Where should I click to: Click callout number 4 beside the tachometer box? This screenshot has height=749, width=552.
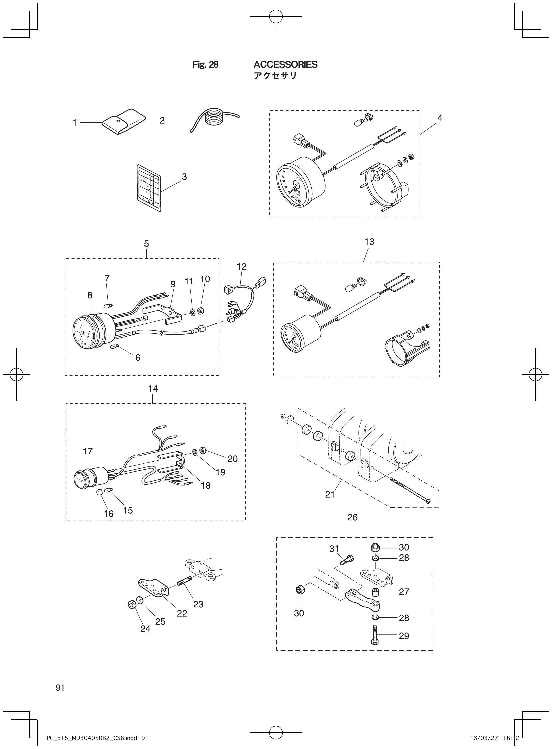(x=440, y=118)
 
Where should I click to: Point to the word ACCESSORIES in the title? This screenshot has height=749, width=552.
(x=285, y=65)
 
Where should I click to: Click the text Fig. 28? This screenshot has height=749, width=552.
(x=205, y=65)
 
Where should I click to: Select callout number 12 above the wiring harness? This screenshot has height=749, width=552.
(x=241, y=267)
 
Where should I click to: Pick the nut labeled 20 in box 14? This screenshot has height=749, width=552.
(x=203, y=451)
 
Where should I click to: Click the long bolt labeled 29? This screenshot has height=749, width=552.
(x=374, y=635)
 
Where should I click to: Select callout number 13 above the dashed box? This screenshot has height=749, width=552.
(x=369, y=242)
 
